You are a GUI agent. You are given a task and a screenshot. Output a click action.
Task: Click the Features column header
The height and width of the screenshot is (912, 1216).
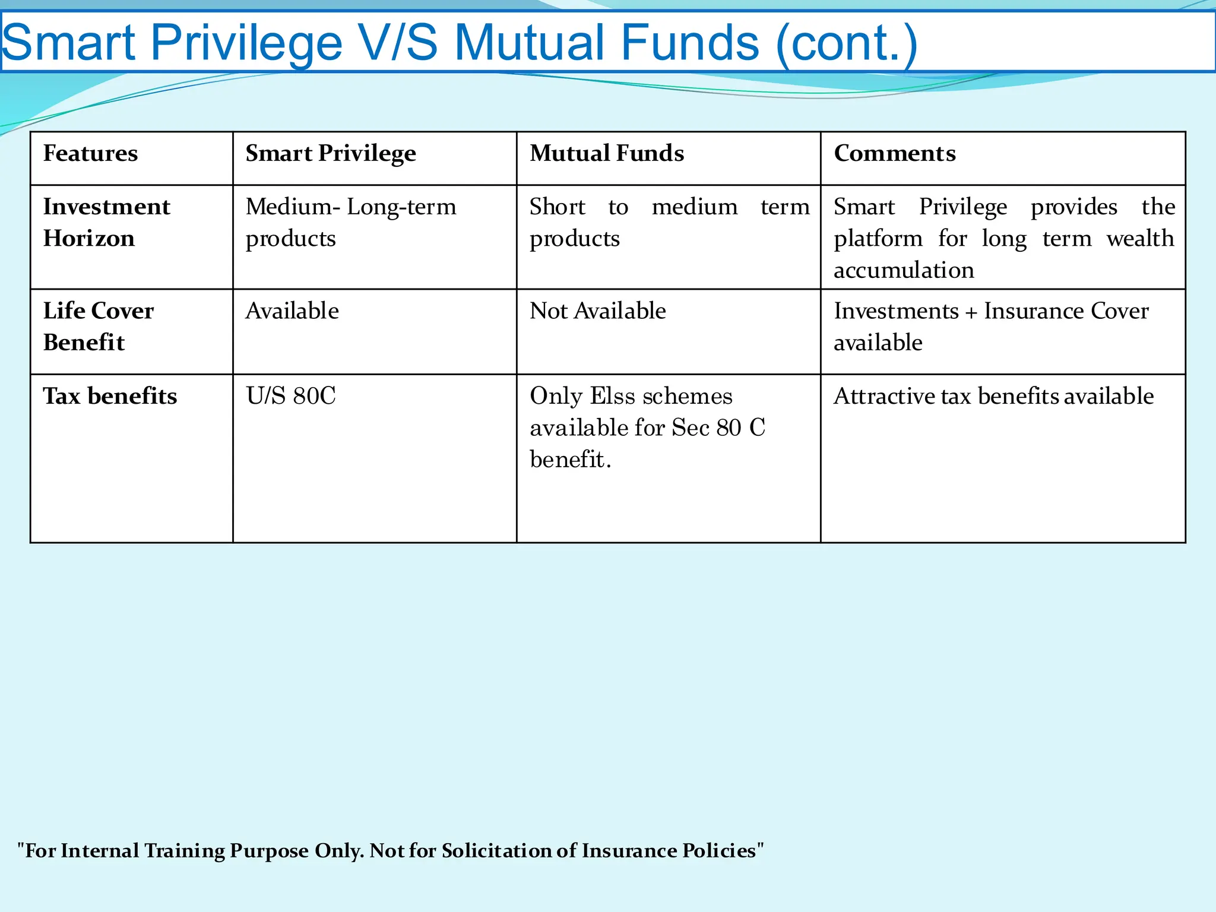tap(90, 154)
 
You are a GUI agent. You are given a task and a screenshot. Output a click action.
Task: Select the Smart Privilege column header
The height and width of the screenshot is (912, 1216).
tap(331, 154)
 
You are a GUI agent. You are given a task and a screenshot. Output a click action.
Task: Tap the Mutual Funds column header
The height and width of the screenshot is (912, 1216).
tap(607, 154)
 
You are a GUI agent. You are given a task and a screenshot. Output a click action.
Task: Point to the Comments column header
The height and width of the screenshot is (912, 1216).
tap(895, 154)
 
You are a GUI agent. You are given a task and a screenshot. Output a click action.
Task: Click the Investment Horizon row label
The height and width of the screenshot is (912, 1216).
tap(107, 223)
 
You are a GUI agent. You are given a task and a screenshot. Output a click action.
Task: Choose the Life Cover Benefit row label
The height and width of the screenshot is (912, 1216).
tap(99, 327)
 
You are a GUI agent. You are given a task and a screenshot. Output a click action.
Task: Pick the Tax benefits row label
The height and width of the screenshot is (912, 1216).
tap(110, 396)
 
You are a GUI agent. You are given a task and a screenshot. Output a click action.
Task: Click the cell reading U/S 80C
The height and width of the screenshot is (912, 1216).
tap(291, 396)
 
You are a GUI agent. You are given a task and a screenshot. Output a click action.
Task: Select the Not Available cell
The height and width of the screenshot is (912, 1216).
tap(597, 311)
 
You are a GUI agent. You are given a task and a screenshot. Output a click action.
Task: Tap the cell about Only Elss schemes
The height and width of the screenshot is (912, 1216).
tap(647, 427)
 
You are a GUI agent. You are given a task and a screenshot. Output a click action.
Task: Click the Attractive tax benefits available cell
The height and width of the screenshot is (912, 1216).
tap(993, 396)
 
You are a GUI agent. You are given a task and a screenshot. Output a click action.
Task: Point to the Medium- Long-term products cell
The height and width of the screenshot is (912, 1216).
tap(351, 223)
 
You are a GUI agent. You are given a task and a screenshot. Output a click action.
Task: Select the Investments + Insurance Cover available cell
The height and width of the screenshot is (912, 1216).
tap(991, 327)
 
